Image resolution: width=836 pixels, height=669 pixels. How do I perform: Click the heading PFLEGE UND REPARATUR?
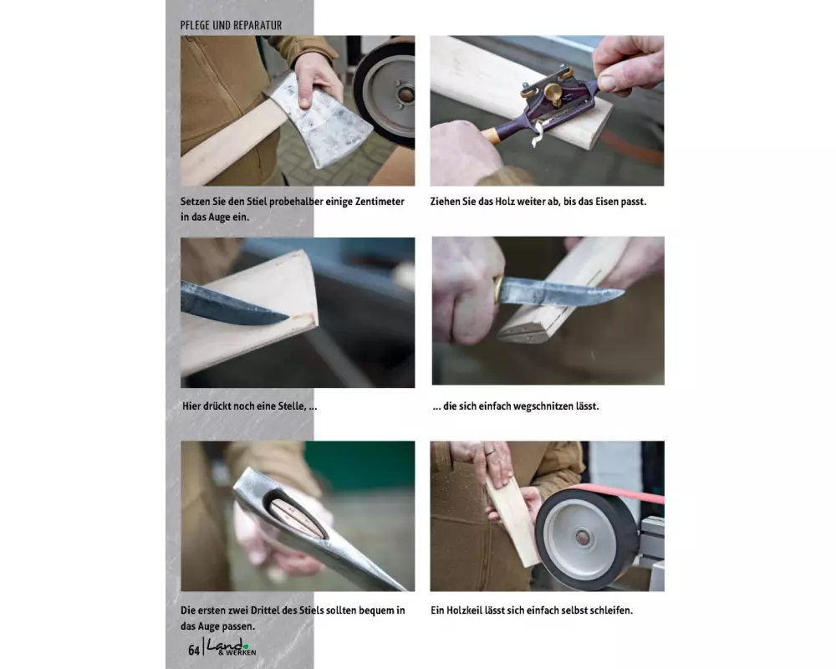pos(231,25)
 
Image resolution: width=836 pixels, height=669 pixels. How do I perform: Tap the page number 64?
pos(194,650)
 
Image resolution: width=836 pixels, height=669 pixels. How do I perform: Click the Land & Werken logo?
pos(232,647)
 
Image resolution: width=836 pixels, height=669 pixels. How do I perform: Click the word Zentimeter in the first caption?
pos(380,202)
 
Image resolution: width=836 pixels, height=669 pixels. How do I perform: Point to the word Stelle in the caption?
pos(292,406)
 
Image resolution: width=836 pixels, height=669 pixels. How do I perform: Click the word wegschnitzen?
pos(544,406)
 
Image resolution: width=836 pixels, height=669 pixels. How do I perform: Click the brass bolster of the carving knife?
pos(498,290)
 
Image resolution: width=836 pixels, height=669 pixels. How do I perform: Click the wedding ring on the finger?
pos(490,452)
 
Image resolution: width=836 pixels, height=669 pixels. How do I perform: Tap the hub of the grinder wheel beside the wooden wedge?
pos(584,537)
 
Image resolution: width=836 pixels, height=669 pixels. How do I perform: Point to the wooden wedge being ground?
pos(512,519)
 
